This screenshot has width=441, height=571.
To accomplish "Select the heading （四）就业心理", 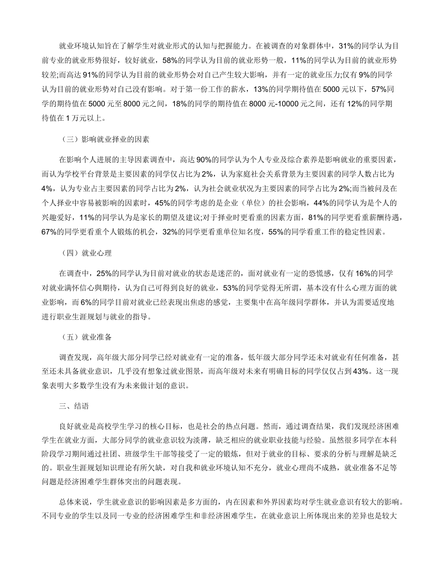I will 87,253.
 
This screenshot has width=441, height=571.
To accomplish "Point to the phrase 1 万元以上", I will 86,118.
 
